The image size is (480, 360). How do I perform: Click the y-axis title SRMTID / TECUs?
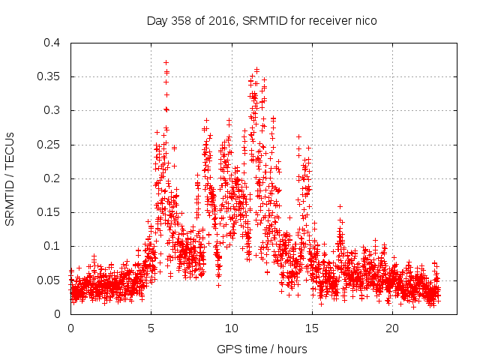click(x=10, y=178)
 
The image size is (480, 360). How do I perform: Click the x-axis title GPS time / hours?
click(x=262, y=349)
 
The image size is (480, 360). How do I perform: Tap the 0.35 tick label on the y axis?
click(x=50, y=76)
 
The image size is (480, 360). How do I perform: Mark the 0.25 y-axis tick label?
click(x=50, y=144)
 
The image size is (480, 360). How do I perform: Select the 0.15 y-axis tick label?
click(x=50, y=212)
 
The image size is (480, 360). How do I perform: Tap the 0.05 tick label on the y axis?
click(x=50, y=280)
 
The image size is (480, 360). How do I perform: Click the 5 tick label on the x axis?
click(x=151, y=328)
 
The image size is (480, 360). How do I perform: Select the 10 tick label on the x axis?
click(x=232, y=328)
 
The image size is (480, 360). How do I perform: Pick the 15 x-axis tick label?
click(x=312, y=328)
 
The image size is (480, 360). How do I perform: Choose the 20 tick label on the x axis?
click(x=393, y=328)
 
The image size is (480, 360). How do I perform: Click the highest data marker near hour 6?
click(x=166, y=62)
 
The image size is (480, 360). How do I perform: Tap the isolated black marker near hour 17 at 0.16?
click(x=340, y=206)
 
